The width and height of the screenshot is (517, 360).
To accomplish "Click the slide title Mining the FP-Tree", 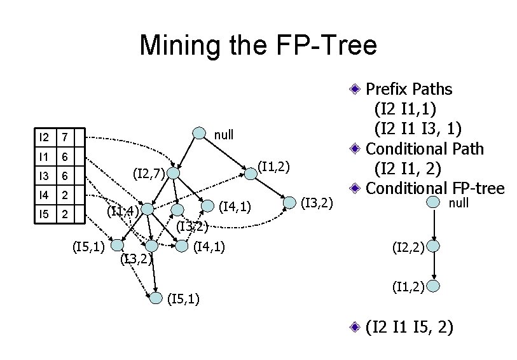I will click(258, 46).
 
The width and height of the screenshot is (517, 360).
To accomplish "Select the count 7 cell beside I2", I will click(64, 137).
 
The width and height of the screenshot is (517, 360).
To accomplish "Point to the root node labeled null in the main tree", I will click(199, 134).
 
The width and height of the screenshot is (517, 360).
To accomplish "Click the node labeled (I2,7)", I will click(174, 172).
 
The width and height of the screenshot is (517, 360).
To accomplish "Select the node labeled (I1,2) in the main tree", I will click(251, 173).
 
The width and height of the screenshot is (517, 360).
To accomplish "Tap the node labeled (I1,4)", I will click(148, 209).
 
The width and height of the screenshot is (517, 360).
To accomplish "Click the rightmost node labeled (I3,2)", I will click(290, 203).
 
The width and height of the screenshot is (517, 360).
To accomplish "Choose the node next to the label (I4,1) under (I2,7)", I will click(208, 205).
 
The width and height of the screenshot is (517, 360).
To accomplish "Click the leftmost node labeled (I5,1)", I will click(117, 244).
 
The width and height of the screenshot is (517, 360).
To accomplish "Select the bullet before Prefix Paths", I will click(358, 88).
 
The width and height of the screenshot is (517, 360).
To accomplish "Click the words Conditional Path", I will click(424, 149).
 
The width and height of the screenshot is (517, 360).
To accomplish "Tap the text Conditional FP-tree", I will click(435, 189).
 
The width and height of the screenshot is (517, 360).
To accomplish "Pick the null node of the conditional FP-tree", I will click(434, 202).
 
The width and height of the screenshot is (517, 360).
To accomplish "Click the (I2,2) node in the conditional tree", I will click(434, 246).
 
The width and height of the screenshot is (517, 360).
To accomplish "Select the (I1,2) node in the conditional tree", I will click(434, 286).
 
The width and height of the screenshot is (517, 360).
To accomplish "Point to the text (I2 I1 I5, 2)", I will click(409, 328).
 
